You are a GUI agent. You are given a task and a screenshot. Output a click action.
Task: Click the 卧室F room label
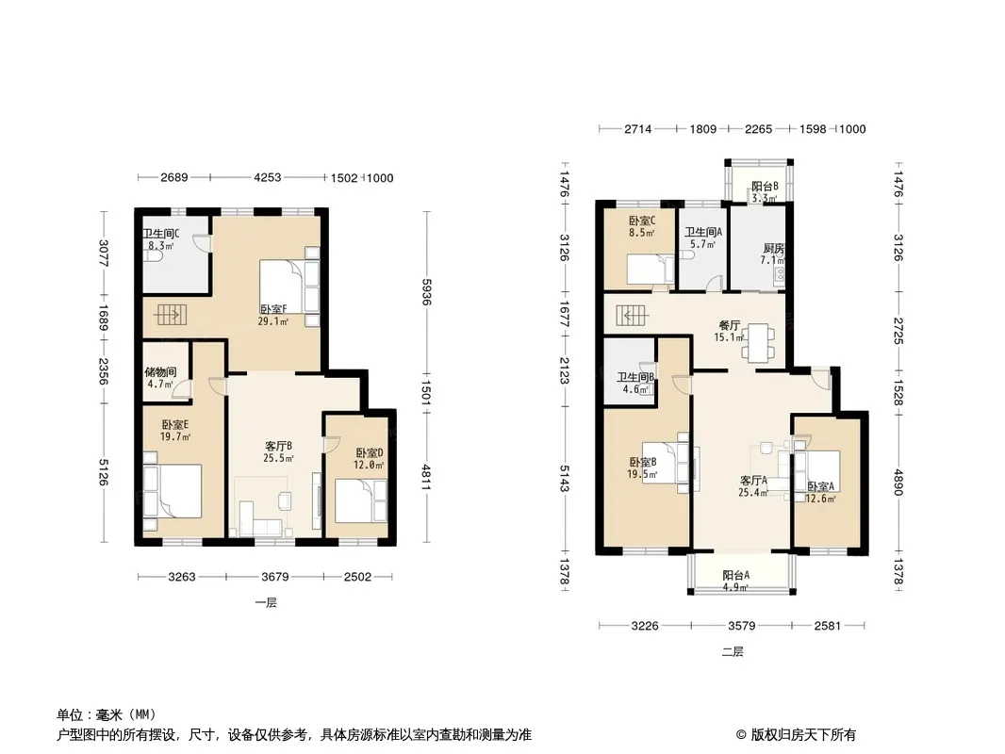tap(273, 309)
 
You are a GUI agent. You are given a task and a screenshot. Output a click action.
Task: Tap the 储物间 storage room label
tap(160, 372)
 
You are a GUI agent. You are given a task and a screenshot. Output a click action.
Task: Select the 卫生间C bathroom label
tap(161, 234)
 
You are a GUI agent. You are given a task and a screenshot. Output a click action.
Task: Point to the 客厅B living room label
tap(279, 446)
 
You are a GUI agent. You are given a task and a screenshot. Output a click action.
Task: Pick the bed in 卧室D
tap(361, 501)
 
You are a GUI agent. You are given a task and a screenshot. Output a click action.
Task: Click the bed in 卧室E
tap(173, 491)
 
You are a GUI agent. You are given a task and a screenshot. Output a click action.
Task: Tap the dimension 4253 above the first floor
tap(267, 177)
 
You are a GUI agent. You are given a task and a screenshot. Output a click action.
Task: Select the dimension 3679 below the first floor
tap(275, 577)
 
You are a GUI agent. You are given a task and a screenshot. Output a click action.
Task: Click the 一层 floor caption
tap(265, 603)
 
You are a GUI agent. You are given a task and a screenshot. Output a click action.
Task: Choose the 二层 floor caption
tap(733, 652)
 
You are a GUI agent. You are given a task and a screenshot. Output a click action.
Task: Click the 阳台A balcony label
tap(735, 575)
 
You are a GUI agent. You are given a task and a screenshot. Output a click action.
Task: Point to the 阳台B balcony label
tap(765, 187)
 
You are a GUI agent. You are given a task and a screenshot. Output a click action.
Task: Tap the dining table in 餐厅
tap(758, 342)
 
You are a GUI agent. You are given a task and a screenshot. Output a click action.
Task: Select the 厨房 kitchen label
tap(774, 249)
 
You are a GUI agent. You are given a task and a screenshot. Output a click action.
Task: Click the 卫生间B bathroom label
tap(635, 378)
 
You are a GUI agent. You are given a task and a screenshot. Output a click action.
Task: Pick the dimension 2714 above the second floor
tap(637, 129)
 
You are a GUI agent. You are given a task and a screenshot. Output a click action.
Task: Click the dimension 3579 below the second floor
tap(742, 625)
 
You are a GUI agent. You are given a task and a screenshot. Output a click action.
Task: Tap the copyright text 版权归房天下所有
tap(803, 735)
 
